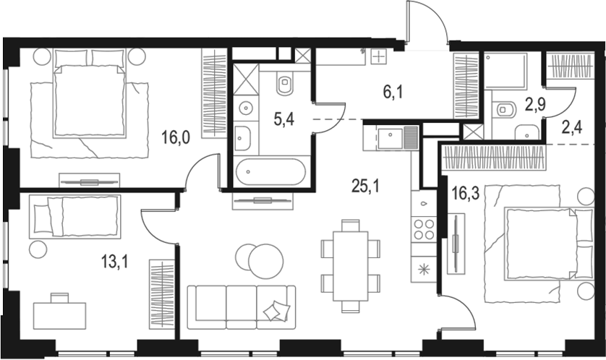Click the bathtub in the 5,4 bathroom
coord(270,173)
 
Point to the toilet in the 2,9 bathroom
coord(504,109)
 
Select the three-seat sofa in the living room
coord(241,306)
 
